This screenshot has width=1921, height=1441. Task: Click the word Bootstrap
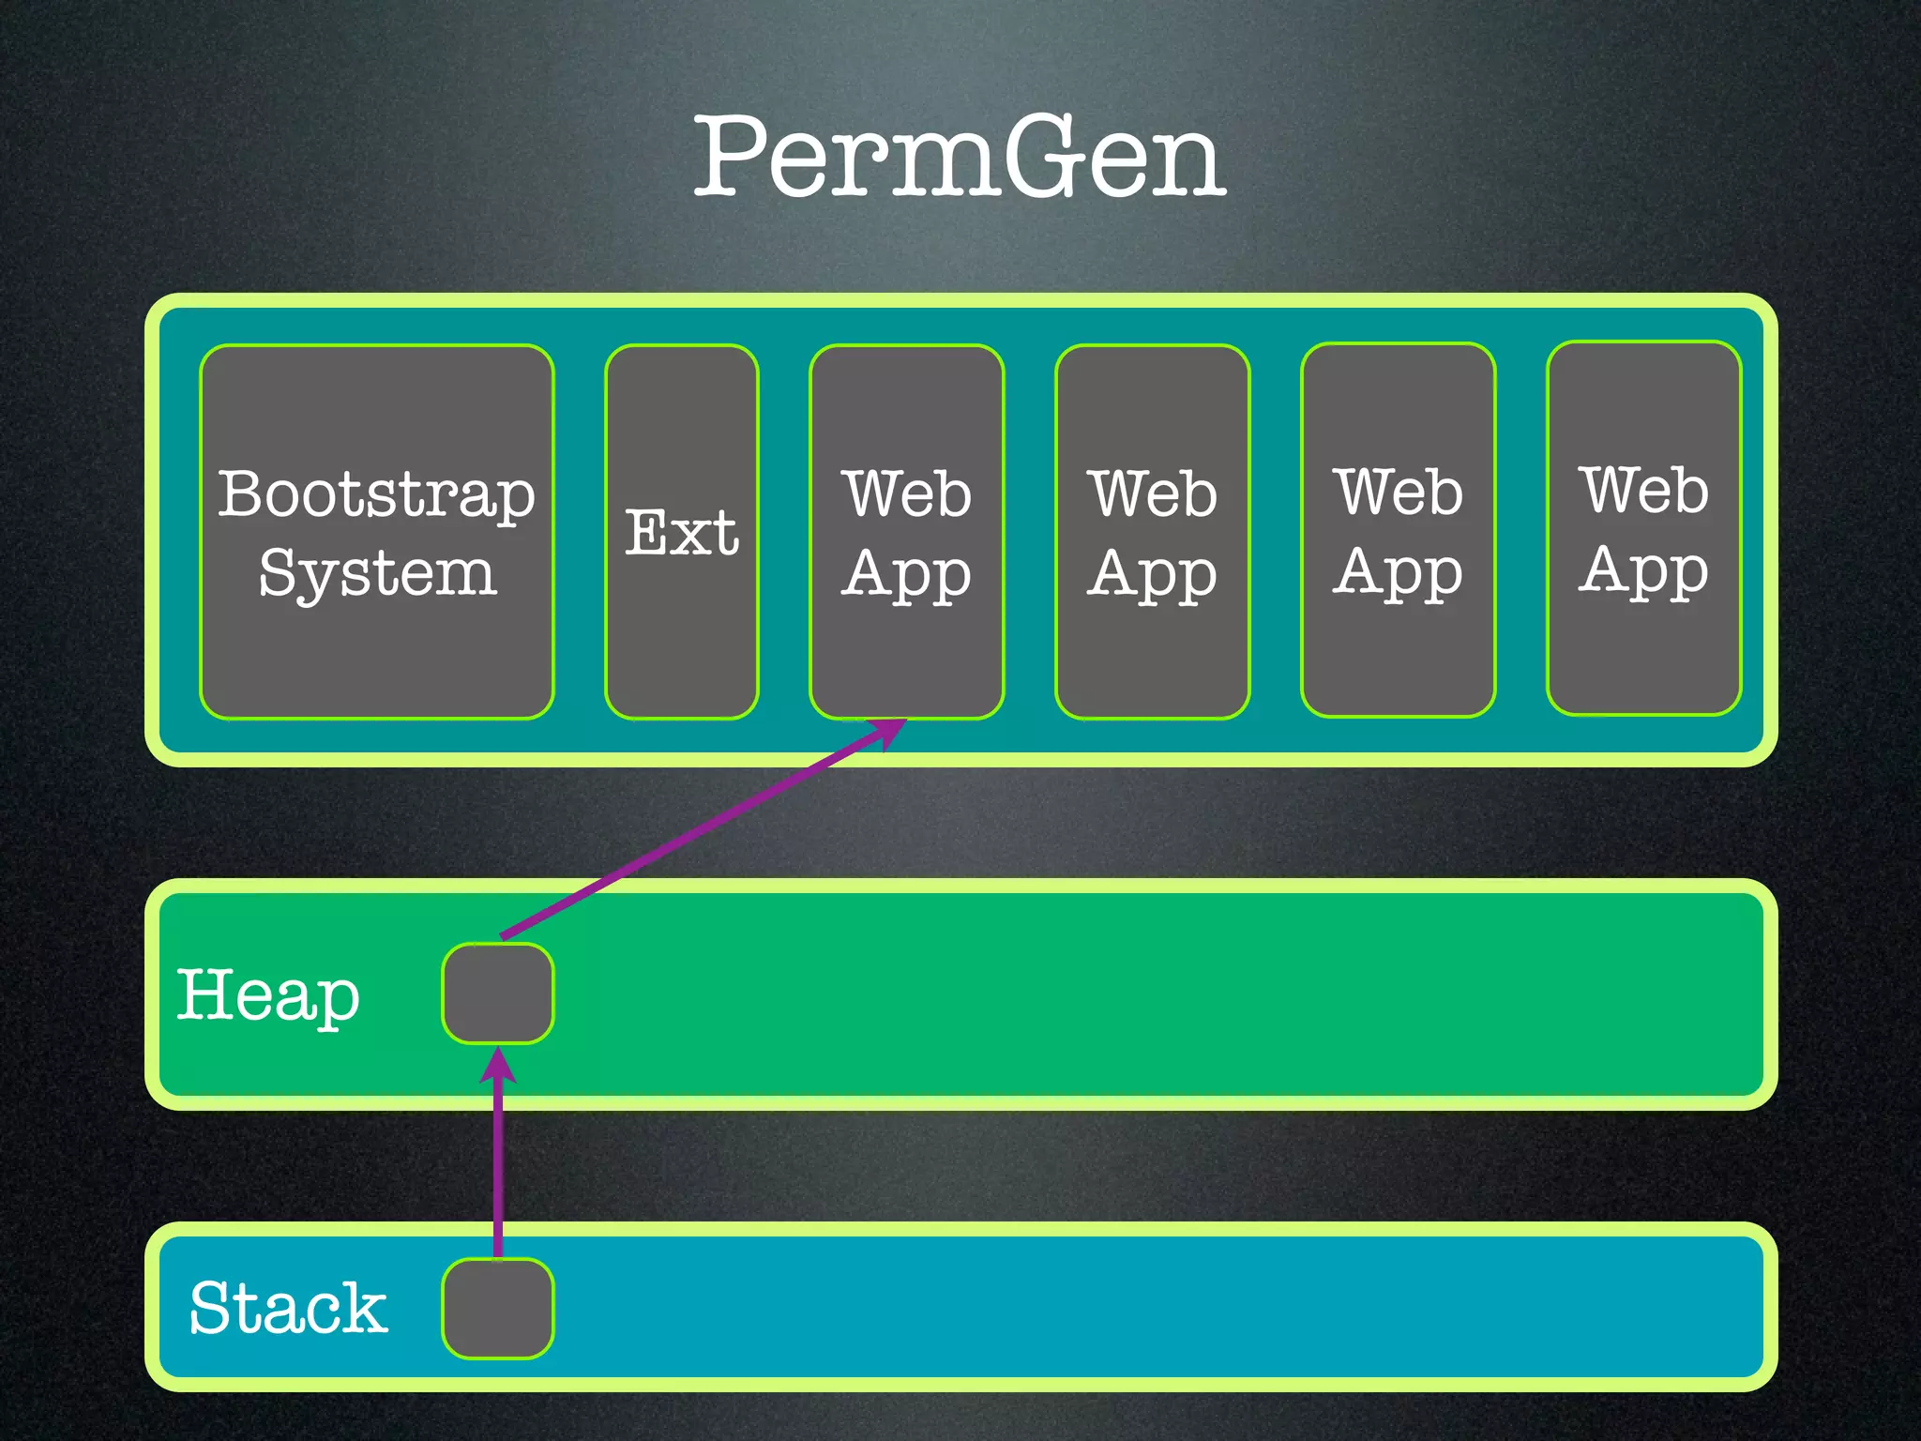(x=377, y=494)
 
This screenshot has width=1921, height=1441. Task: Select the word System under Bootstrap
(x=377, y=573)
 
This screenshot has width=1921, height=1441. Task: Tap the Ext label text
(x=682, y=533)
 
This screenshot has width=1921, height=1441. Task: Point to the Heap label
(x=268, y=995)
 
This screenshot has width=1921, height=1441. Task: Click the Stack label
(x=288, y=1308)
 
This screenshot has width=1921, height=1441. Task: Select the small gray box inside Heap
(x=498, y=994)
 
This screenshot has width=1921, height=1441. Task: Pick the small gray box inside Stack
(x=498, y=1309)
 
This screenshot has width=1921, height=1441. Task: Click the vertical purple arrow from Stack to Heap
(x=498, y=1163)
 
